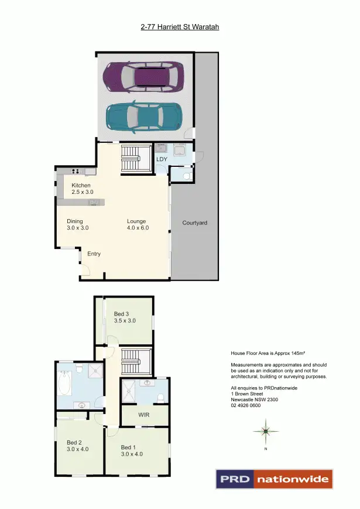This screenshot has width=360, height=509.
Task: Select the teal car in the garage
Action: click(144, 117)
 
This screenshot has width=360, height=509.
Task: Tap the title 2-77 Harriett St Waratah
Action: click(180, 26)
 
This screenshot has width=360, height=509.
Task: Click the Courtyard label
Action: click(194, 223)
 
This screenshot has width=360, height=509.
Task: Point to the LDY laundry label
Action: click(162, 159)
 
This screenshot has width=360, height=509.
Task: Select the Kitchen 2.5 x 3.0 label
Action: click(83, 189)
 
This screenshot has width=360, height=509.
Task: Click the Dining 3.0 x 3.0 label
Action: click(77, 224)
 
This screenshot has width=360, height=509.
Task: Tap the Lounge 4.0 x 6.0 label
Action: click(138, 224)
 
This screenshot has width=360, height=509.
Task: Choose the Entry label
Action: click(94, 254)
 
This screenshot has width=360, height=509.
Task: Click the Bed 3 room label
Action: click(125, 317)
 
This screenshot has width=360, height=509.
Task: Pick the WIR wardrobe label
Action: click(145, 415)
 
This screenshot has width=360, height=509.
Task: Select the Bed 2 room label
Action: click(77, 446)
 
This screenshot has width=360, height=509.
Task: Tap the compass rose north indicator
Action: click(265, 432)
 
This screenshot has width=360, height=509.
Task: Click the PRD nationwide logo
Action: click(274, 479)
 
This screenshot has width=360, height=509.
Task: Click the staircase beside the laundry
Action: click(136, 158)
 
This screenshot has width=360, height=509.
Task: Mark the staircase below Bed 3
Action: click(136, 361)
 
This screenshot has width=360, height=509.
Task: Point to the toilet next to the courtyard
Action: click(186, 175)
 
